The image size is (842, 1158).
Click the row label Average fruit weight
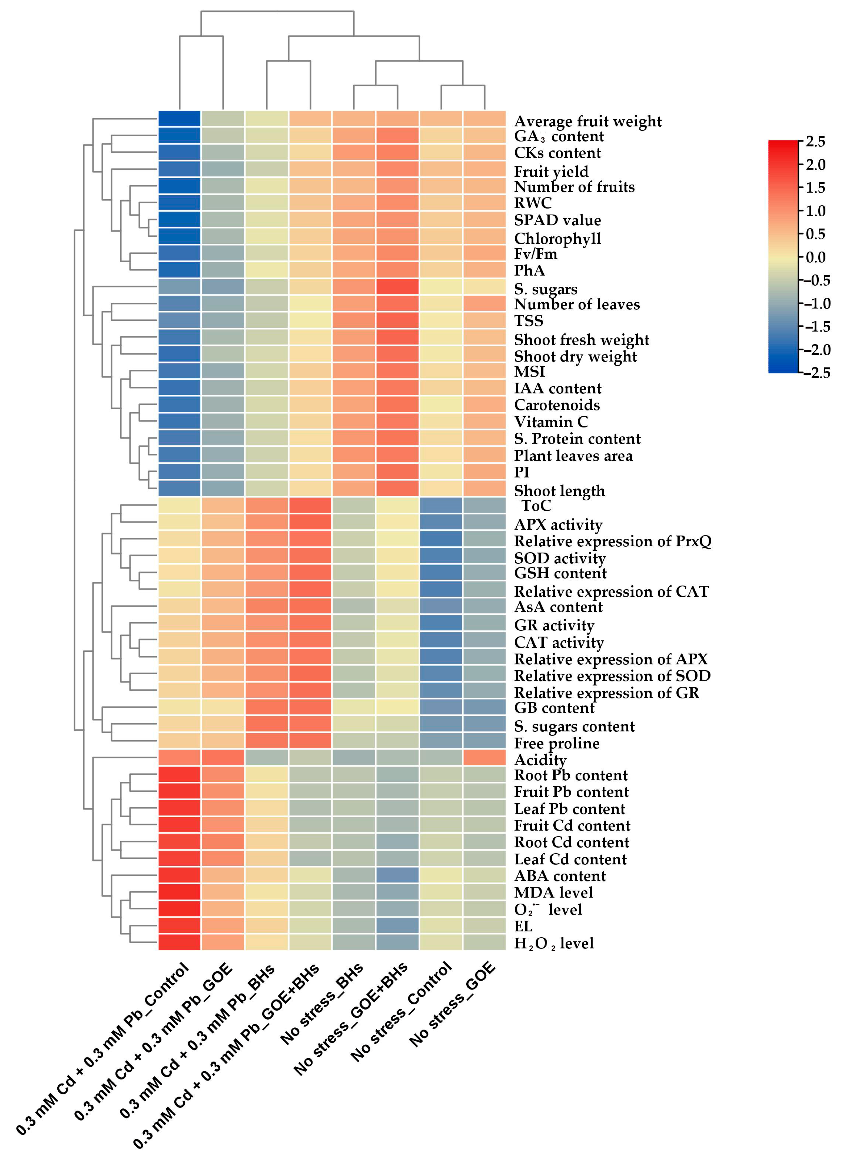tap(587, 122)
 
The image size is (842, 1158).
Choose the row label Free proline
tap(557, 743)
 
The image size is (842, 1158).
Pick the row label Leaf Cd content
tap(570, 859)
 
